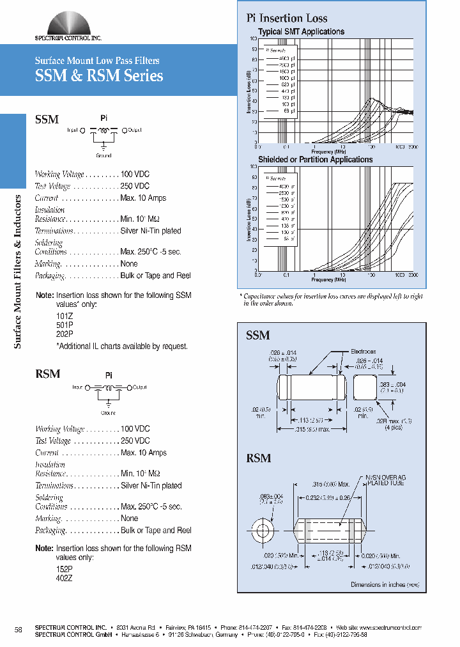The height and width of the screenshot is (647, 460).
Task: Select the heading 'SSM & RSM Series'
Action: [x=98, y=76]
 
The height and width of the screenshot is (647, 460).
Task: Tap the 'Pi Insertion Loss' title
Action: [x=287, y=18]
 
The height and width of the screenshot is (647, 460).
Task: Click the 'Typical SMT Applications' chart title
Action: [x=301, y=31]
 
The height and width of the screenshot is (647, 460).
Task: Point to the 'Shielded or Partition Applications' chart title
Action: [x=315, y=159]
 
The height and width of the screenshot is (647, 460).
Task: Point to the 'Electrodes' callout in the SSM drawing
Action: [x=363, y=352]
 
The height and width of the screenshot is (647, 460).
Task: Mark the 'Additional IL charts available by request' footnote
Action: [x=123, y=346]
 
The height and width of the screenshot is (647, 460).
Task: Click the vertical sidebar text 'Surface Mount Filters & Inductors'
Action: [x=18, y=271]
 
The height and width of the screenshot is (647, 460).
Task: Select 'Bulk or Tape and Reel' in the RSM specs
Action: [x=156, y=530]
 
